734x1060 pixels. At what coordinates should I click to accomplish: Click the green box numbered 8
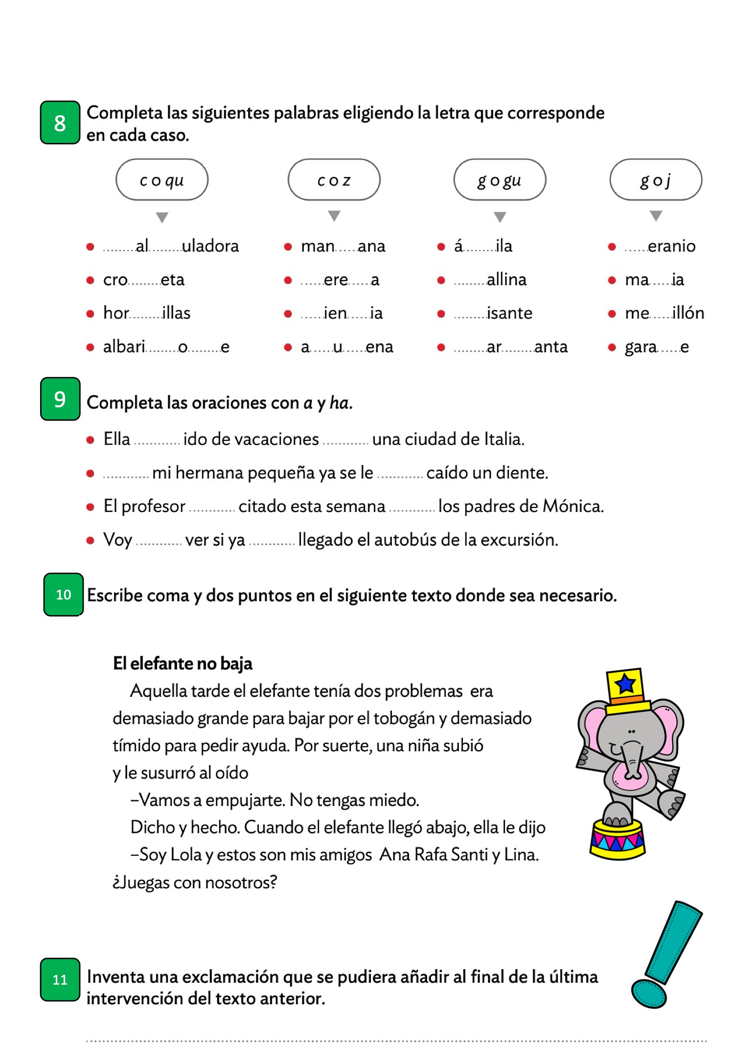pos(60,122)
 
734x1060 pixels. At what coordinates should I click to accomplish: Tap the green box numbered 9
pos(60,399)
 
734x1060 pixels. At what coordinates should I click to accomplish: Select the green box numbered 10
pos(63,594)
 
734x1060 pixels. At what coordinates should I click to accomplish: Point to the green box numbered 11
pos(60,979)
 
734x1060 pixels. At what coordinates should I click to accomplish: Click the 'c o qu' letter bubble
pos(161,180)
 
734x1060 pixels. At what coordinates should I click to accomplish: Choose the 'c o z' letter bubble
pos(334,180)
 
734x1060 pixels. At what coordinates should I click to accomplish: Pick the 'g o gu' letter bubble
pos(500,180)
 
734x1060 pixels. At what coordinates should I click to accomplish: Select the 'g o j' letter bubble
pos(656,180)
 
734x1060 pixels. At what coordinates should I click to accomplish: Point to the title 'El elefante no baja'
pos(183,664)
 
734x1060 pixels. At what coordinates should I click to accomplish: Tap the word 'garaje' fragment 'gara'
pos(641,347)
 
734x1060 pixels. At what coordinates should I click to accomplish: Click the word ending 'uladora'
pos(210,246)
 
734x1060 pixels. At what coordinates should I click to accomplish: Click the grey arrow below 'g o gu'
pos(500,217)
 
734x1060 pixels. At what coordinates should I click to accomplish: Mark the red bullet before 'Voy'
pos(90,540)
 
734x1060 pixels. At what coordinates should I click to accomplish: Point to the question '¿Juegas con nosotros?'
pos(195,882)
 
